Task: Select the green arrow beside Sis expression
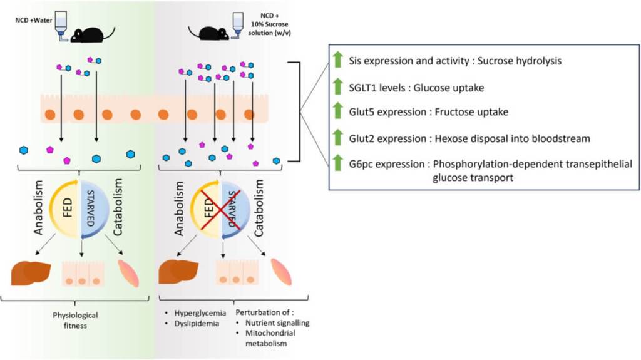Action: [x=337, y=60]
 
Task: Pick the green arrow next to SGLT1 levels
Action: [x=337, y=87]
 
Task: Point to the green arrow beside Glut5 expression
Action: [x=337, y=112]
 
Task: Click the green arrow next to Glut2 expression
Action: [x=337, y=138]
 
